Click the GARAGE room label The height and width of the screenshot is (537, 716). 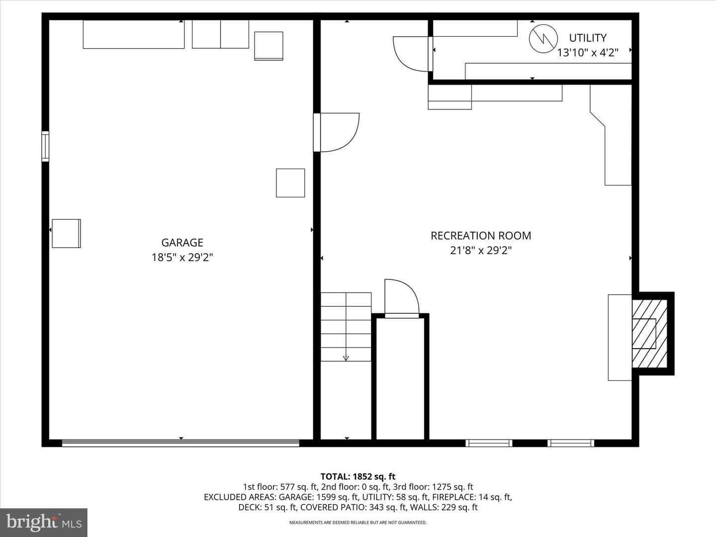point(182,243)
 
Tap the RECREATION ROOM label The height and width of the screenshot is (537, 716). point(481,236)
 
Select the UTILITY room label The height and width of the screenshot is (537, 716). point(588,38)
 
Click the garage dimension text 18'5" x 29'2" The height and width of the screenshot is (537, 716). point(182,258)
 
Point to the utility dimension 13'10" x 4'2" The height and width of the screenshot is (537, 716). point(588,53)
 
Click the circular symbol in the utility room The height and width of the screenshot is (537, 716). point(543,38)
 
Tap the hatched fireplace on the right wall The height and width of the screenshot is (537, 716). point(649,334)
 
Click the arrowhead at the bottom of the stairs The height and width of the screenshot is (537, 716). point(346,358)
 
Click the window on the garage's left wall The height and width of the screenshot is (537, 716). point(45,146)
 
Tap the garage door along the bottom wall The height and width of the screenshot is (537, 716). point(180,443)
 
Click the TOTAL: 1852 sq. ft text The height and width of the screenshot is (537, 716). point(358,476)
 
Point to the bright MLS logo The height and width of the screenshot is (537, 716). point(44,522)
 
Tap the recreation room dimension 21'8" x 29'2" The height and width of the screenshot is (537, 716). point(481,251)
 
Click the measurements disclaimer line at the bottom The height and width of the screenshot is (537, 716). point(358,522)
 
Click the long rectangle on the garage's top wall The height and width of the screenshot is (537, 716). point(134,34)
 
